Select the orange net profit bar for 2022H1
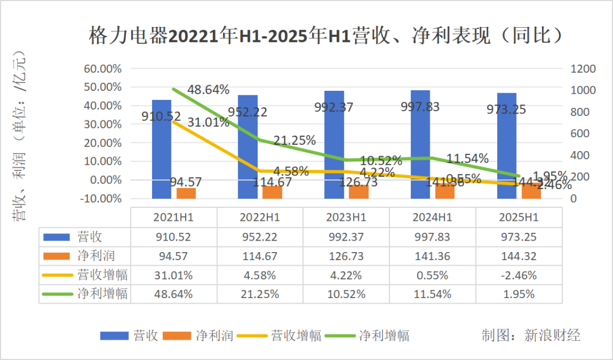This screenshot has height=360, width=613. click(x=272, y=192)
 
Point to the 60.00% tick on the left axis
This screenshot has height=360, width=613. click(x=103, y=69)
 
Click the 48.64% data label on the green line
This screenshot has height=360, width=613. click(x=208, y=90)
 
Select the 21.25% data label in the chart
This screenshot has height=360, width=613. click(x=295, y=141)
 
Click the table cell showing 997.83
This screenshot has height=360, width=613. click(x=432, y=237)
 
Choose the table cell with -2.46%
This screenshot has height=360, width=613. click(x=518, y=275)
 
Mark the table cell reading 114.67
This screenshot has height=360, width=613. click(x=259, y=256)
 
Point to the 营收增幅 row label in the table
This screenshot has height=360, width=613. click(x=102, y=275)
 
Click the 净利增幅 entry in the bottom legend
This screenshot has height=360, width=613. click(x=384, y=336)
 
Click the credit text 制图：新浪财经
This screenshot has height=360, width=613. click(x=531, y=335)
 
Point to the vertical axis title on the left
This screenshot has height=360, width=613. click(x=20, y=136)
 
